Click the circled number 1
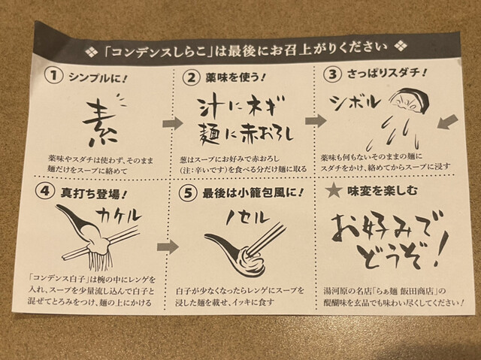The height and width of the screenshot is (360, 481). tap(53, 76)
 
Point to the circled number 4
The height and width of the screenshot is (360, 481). tap(45, 192)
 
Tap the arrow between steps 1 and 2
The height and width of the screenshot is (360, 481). tap(172, 123)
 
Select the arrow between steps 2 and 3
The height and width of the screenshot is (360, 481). tap(316, 120)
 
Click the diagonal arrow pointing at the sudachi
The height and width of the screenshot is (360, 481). tap(448, 123)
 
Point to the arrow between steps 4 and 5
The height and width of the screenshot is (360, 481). tap(168, 247)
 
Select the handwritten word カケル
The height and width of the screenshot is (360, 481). tap(119, 216)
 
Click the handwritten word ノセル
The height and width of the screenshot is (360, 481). tap(248, 218)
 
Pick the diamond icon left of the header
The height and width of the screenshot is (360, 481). tap(91, 52)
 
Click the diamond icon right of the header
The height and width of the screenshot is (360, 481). tap(401, 47)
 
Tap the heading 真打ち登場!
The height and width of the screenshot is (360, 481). tap(94, 193)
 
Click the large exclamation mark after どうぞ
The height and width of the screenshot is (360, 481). tap(441, 248)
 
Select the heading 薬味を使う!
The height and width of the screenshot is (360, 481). tap(235, 77)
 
